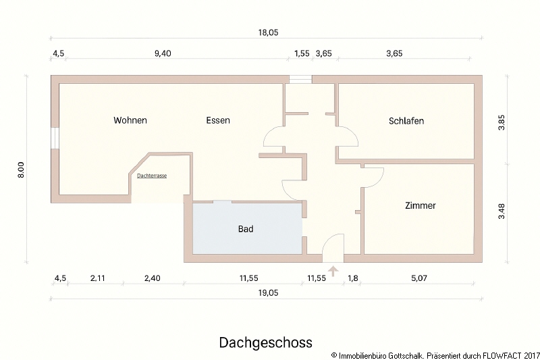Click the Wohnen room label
coord(130,120)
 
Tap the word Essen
coord(218,120)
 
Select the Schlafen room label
coord(406,121)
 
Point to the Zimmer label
coord(421,205)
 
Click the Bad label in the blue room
coord(246,229)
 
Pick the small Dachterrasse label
coord(152,175)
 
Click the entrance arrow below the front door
coord(333,272)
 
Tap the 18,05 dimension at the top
coord(268,32)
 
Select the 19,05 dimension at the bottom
coord(268,293)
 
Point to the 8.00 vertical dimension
coord(21,169)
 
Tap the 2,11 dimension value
coord(97,278)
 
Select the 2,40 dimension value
coord(153,278)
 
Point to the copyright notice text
coord(436,354)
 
